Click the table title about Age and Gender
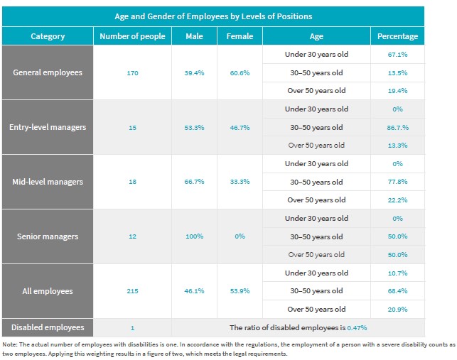(213, 16)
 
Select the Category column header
(48, 36)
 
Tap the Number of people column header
(132, 36)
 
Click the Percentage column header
(397, 36)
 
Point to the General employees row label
(48, 72)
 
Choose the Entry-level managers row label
(48, 127)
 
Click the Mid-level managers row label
(48, 182)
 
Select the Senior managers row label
(48, 236)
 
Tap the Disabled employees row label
(48, 327)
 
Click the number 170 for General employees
(132, 72)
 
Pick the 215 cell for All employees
(132, 291)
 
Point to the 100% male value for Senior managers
(194, 236)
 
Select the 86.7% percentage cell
(397, 127)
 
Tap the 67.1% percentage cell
(397, 55)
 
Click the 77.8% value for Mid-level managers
(397, 182)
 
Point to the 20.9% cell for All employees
(397, 309)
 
